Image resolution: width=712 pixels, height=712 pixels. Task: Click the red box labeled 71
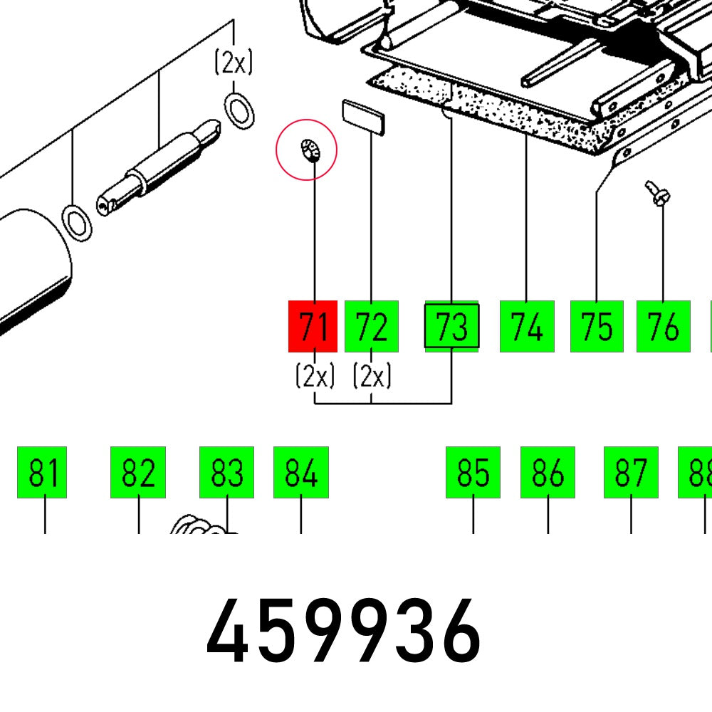(313, 326)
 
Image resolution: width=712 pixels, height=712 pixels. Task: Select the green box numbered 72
(372, 326)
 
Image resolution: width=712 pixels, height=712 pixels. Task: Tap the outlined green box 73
(451, 326)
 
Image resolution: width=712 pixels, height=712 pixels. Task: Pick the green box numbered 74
(527, 326)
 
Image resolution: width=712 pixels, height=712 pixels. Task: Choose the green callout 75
(597, 326)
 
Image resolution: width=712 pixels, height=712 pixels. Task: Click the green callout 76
(664, 326)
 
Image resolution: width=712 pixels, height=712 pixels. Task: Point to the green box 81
(42, 472)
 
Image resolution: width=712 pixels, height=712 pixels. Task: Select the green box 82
(138, 472)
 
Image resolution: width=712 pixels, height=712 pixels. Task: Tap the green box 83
(226, 472)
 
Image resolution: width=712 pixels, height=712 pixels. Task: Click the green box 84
(301, 472)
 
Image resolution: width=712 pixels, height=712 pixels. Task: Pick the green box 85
(473, 472)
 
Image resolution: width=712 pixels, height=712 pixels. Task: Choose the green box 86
(548, 472)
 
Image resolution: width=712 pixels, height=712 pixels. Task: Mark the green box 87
(631, 472)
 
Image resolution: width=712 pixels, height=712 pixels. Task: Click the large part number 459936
(343, 631)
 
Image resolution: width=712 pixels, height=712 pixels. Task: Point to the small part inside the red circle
(310, 150)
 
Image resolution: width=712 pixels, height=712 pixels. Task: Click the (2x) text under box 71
(315, 375)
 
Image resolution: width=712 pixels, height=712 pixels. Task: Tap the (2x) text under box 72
(372, 375)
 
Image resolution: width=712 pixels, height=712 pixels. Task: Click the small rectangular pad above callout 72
(363, 117)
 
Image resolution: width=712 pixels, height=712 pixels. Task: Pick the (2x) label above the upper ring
(234, 62)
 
